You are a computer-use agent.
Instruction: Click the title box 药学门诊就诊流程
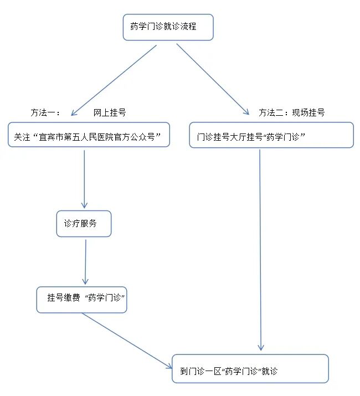168,27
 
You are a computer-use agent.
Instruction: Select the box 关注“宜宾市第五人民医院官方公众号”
89,135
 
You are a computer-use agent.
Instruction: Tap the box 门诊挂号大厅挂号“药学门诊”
271,135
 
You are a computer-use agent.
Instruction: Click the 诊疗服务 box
84,224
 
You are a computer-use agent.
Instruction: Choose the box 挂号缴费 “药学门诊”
81,300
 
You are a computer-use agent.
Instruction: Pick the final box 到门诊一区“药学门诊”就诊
250,369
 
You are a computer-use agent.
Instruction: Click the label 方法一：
45,112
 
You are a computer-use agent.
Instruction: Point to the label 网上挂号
110,112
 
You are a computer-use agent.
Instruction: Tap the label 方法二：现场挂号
291,112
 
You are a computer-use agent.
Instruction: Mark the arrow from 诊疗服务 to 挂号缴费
85,261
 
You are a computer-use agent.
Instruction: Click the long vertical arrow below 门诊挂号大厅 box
260,249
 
